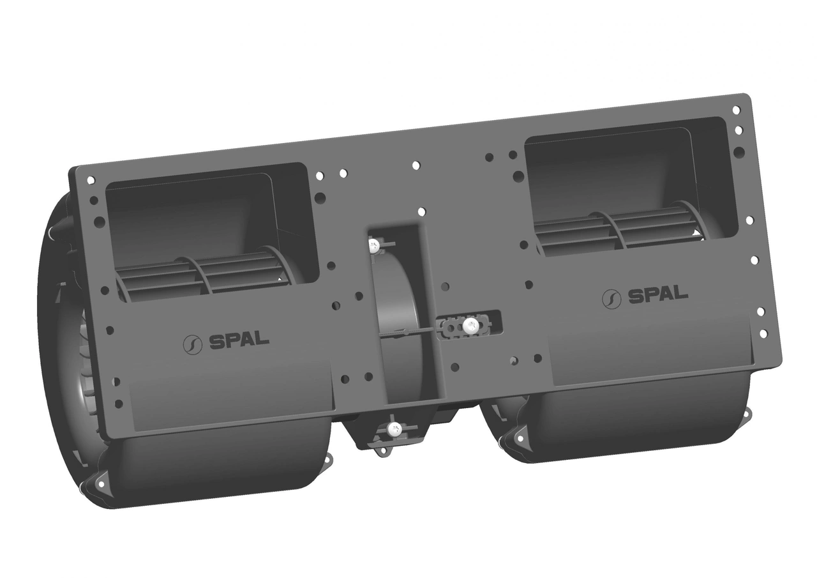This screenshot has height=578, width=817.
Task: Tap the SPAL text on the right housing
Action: point(658,296)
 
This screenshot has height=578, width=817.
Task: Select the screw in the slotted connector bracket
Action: point(470,325)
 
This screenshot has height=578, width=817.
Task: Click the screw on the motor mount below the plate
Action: point(394,430)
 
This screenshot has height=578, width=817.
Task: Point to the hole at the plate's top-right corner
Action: point(736,110)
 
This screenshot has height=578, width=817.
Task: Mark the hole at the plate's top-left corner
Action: point(91,180)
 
